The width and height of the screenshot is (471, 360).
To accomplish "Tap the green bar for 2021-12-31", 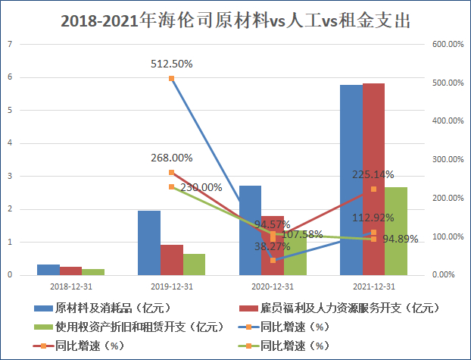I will pos(395,231).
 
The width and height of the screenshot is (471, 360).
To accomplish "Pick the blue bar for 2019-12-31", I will pos(149,243).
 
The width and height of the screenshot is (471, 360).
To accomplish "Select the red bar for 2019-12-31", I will pos(171,260).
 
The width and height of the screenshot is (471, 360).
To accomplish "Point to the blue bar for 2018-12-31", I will pos(48,270).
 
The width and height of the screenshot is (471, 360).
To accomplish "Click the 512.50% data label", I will pos(172,64).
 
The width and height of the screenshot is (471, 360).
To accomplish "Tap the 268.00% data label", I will pos(171,158).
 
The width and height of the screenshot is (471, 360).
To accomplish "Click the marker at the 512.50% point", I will pos(172,78).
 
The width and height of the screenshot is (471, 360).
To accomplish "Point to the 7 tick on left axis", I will pos(10,44).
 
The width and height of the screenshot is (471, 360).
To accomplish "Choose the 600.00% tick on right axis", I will pos(447,44).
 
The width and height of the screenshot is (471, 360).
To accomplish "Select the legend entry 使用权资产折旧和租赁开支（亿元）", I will pos(129,327).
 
